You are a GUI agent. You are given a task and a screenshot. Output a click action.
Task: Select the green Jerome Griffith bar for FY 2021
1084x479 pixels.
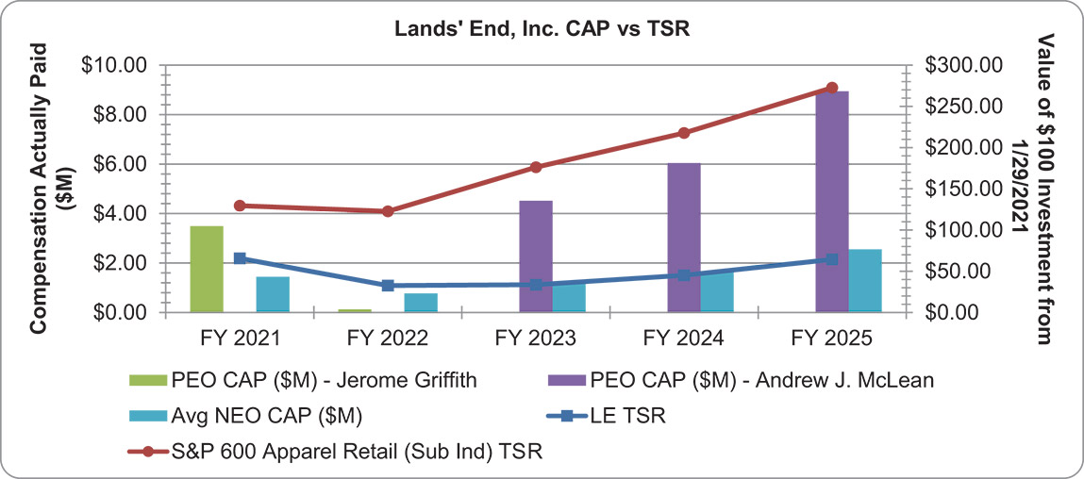click(x=207, y=269)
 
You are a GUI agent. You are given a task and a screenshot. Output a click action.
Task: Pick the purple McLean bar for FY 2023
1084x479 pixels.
click(x=536, y=256)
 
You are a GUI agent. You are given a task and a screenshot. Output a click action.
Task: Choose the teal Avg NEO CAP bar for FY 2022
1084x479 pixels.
click(x=421, y=303)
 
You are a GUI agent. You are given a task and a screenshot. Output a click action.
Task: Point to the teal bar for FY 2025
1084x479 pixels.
click(x=865, y=280)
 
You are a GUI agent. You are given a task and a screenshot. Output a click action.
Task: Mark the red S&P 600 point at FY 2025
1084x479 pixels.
click(x=832, y=88)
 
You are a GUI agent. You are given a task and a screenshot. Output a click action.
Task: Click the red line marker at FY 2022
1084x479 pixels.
click(x=388, y=211)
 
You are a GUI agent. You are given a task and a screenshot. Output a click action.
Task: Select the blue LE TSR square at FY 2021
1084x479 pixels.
click(x=240, y=258)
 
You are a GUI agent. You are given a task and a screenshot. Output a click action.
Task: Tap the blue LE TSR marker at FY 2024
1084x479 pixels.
click(x=684, y=275)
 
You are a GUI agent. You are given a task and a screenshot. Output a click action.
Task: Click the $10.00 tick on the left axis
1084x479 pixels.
click(x=119, y=65)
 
